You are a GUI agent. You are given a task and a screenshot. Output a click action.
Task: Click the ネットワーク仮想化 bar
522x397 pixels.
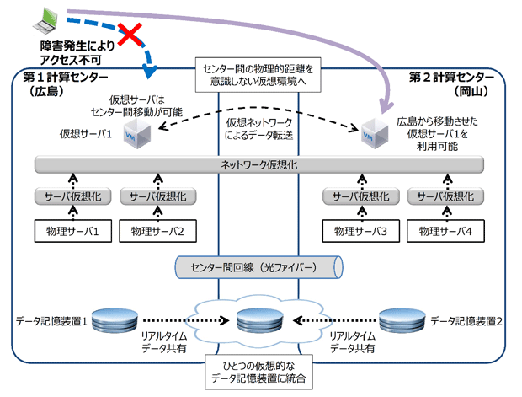258,164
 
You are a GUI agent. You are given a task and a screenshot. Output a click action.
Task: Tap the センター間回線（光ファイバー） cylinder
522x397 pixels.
258,268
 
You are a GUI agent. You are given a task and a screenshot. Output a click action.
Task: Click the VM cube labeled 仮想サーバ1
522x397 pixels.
135,132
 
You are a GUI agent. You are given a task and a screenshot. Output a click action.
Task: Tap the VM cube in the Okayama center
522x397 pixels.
370,132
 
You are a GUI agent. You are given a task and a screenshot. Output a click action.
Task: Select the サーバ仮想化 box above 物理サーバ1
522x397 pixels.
66,196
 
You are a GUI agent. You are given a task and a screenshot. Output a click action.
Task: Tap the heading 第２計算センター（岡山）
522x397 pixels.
457,84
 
